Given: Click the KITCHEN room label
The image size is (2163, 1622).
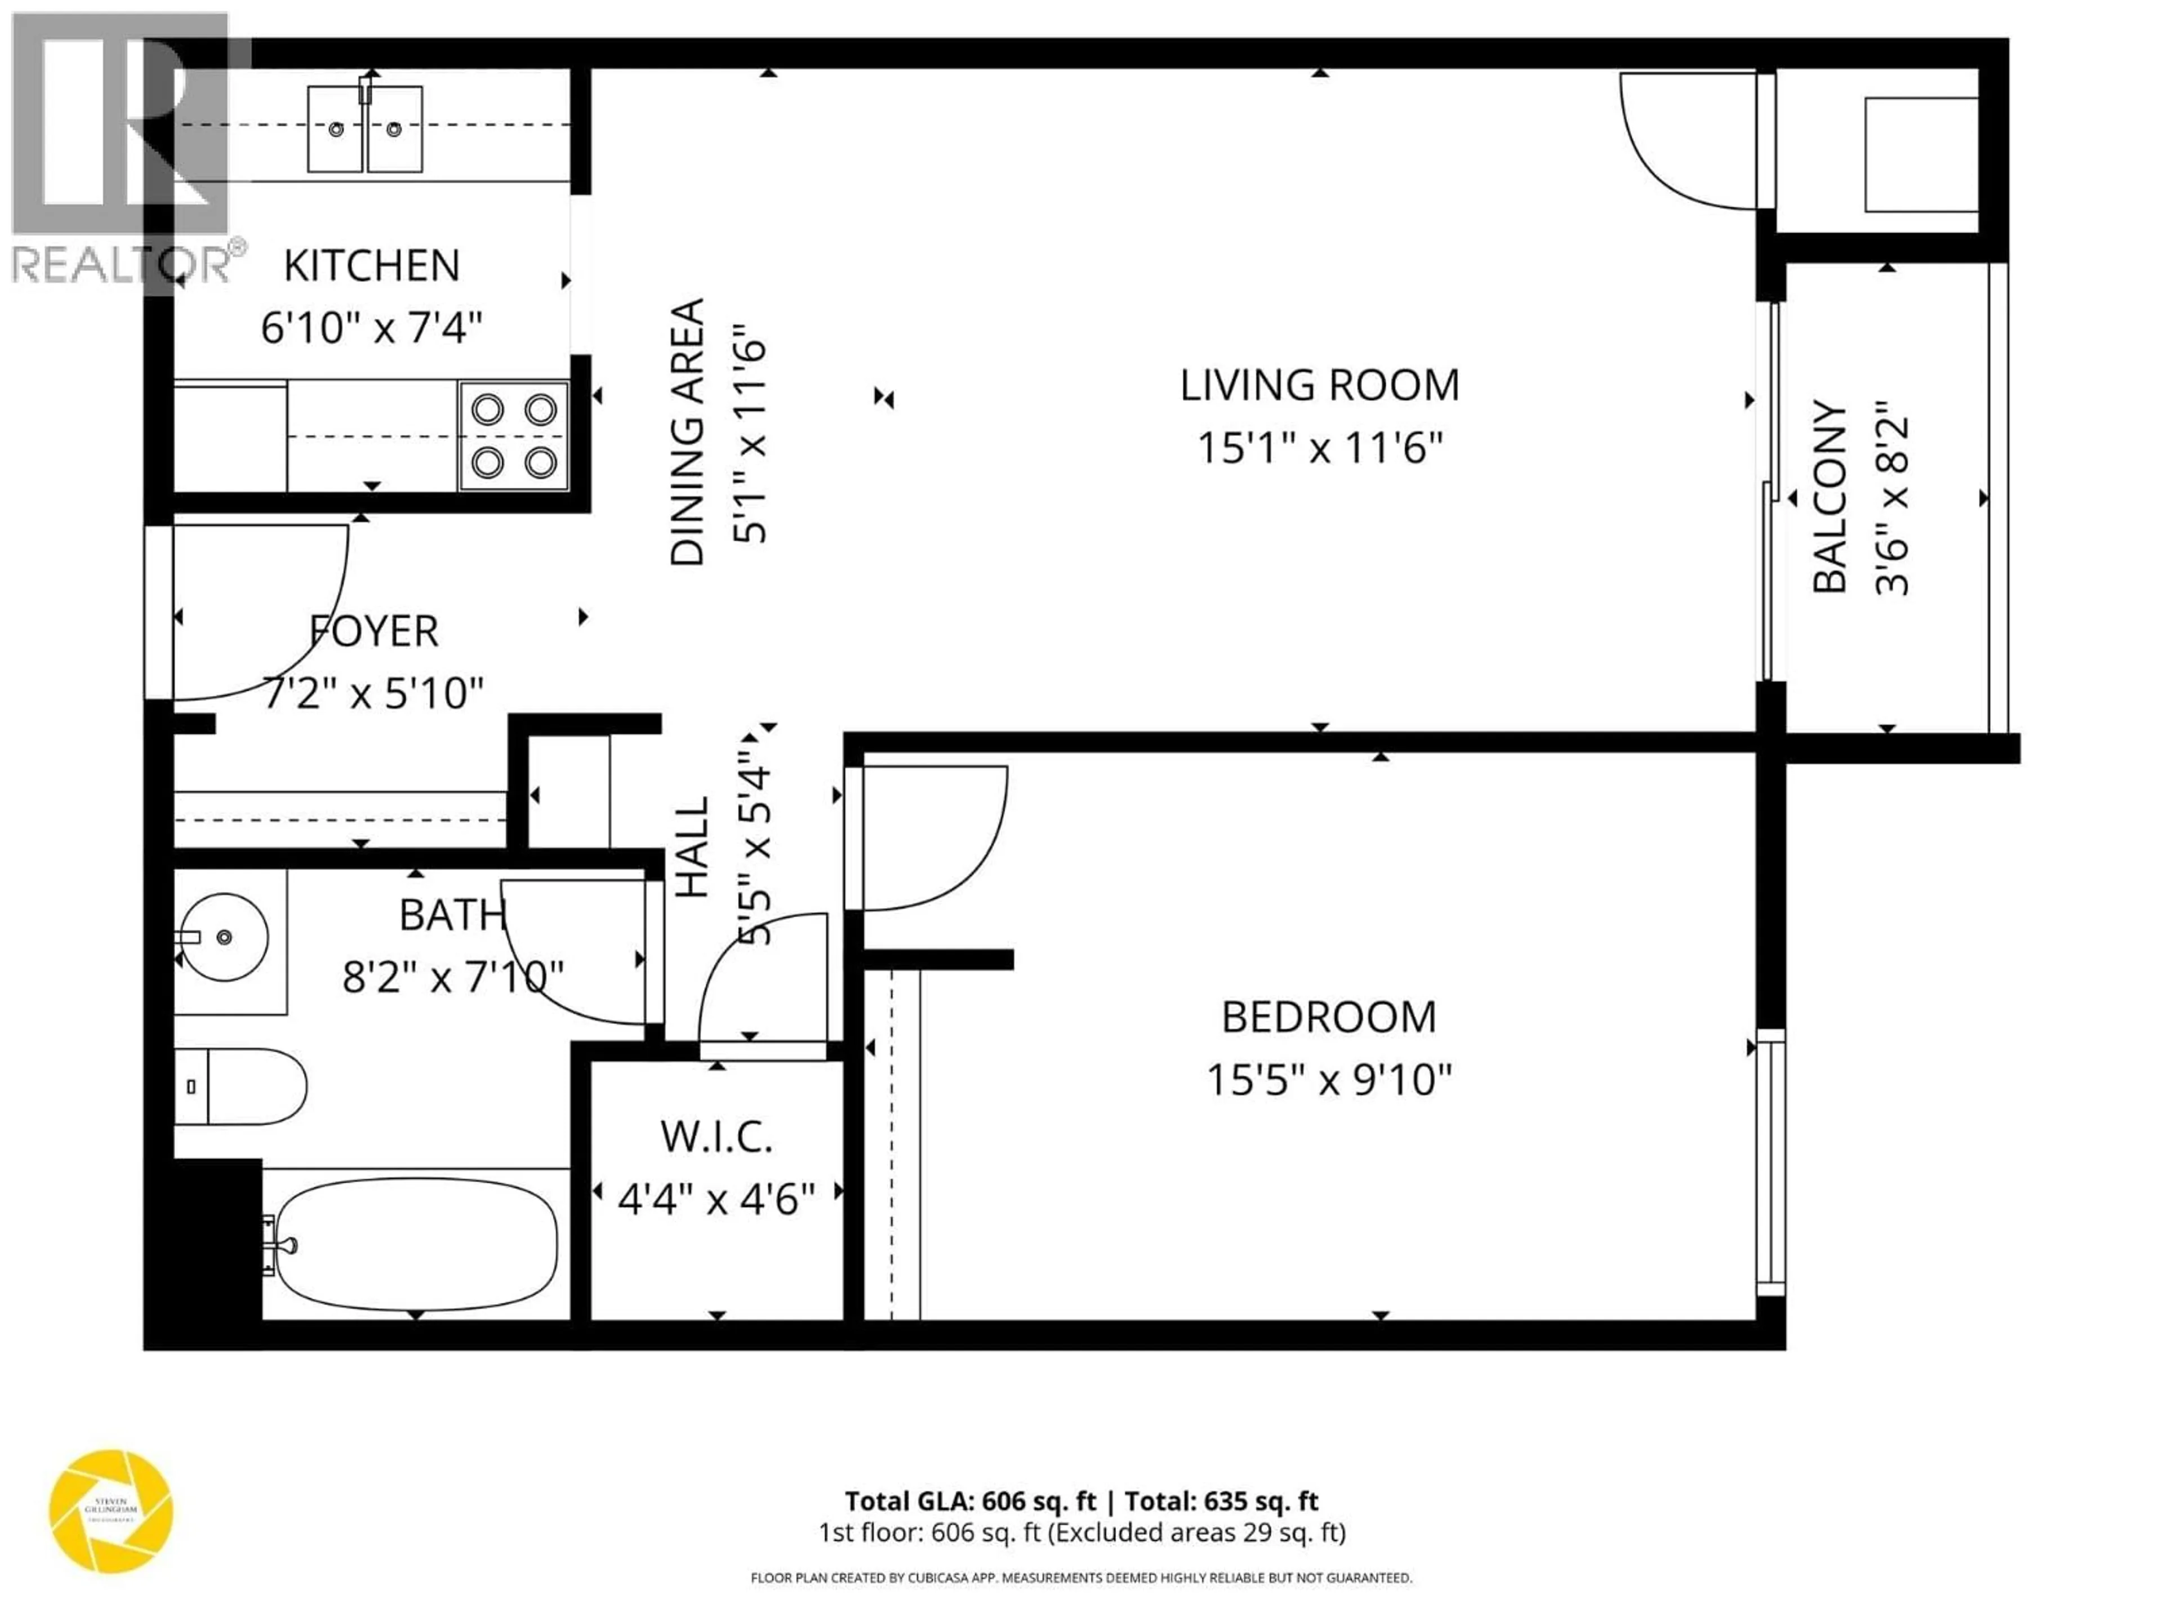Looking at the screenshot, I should point(372,266).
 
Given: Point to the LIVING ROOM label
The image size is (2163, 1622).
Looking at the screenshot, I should point(1319,385).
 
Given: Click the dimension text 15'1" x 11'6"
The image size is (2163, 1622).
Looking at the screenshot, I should point(1319,449).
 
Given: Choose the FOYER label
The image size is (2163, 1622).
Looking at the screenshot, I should point(373,631).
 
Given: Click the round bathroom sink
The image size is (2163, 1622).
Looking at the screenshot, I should point(225,937).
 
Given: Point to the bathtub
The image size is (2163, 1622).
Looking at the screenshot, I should point(416,1244).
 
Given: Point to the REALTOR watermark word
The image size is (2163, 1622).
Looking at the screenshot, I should point(117,264).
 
